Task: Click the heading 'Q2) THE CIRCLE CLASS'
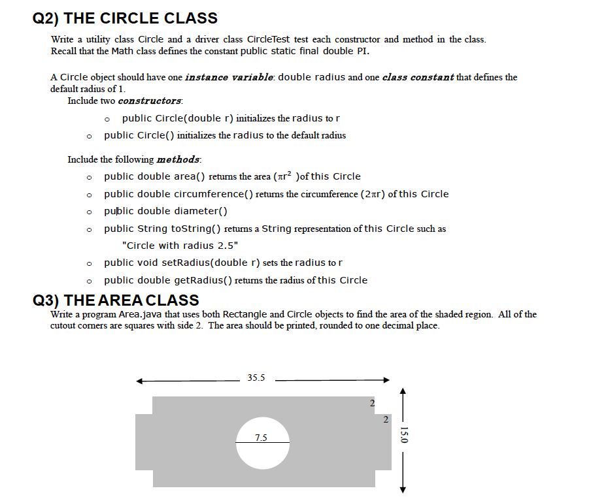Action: [x=125, y=18]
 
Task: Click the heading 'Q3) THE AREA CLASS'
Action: [x=116, y=300]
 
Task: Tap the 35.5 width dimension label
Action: [x=256, y=378]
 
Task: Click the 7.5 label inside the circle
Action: [x=261, y=438]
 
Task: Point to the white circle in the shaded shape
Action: [x=262, y=451]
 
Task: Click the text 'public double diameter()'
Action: [x=165, y=211]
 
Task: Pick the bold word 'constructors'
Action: [x=150, y=101]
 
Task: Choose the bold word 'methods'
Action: [x=178, y=159]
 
